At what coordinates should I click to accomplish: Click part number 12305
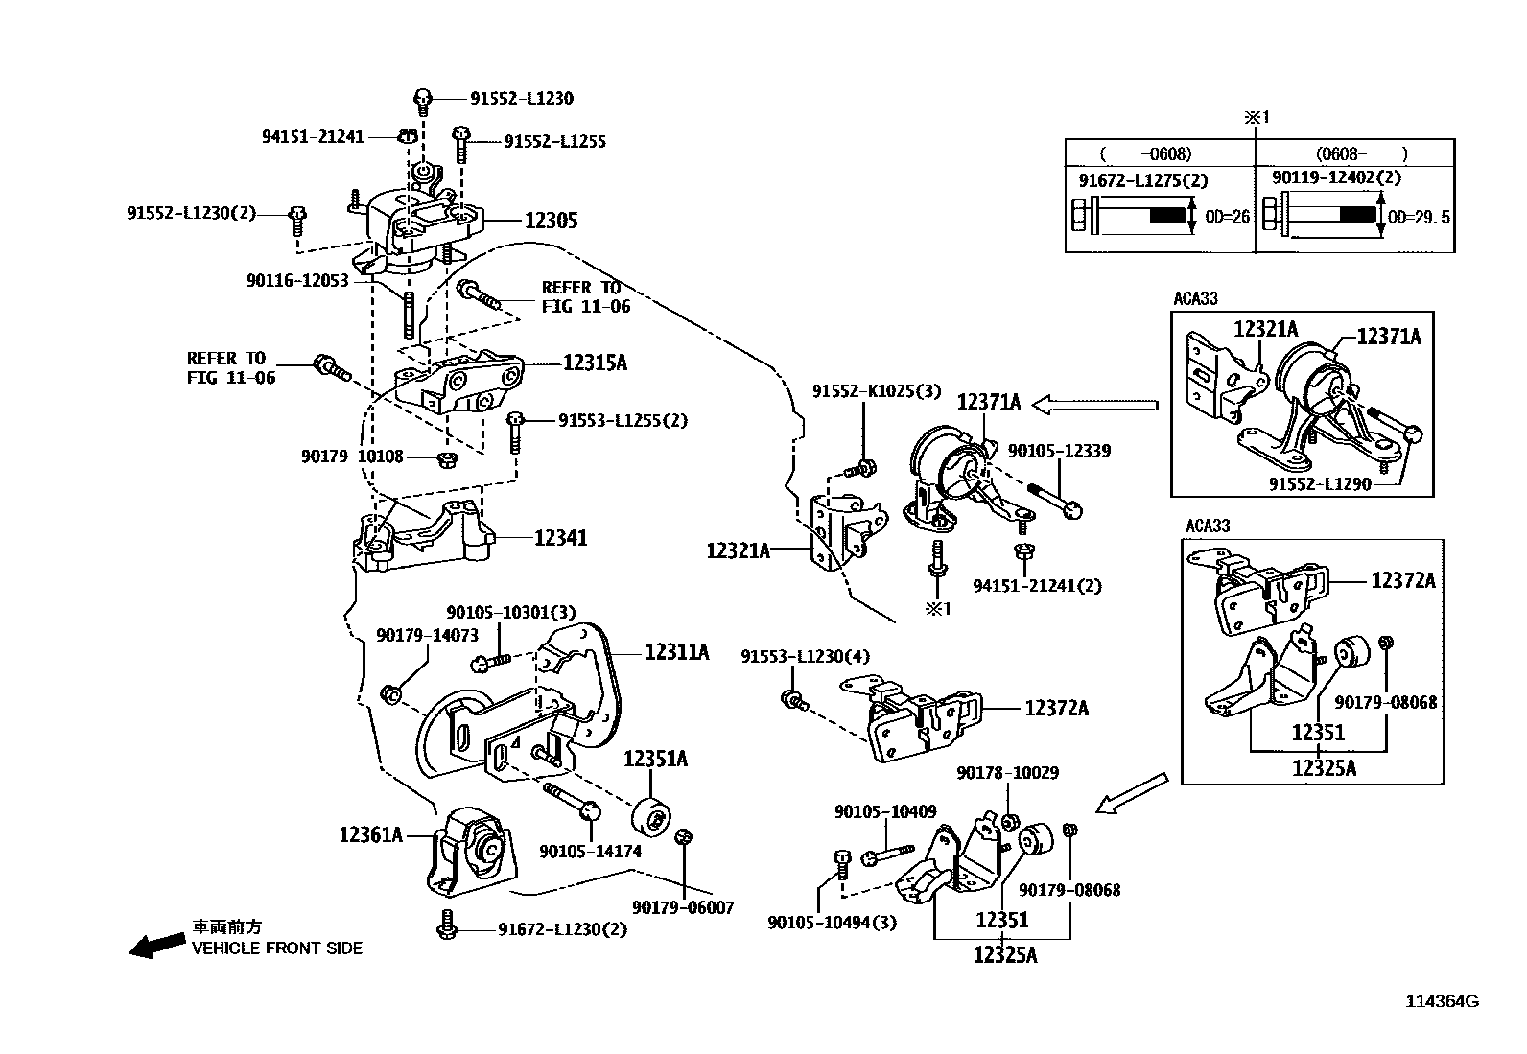click(x=551, y=221)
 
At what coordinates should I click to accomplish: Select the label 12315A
click(x=594, y=363)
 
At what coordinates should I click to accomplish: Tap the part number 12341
click(x=560, y=538)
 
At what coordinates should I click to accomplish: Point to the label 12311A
click(x=676, y=652)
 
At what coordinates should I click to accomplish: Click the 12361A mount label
click(x=370, y=834)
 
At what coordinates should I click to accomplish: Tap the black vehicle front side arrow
click(x=157, y=946)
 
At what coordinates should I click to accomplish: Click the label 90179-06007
click(x=683, y=907)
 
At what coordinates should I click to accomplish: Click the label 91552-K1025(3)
click(x=877, y=391)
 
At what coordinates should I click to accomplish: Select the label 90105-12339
click(x=1058, y=451)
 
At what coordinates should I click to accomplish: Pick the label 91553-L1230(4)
click(x=805, y=656)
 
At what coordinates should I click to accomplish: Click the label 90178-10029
click(x=1007, y=773)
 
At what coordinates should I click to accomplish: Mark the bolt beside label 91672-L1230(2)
click(x=446, y=925)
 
